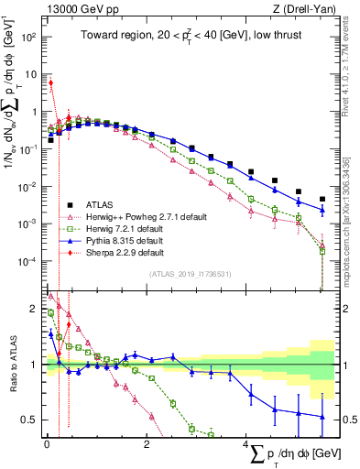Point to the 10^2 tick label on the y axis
point(27,38)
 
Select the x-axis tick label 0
point(47,443)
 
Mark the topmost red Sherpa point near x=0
point(51,82)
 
